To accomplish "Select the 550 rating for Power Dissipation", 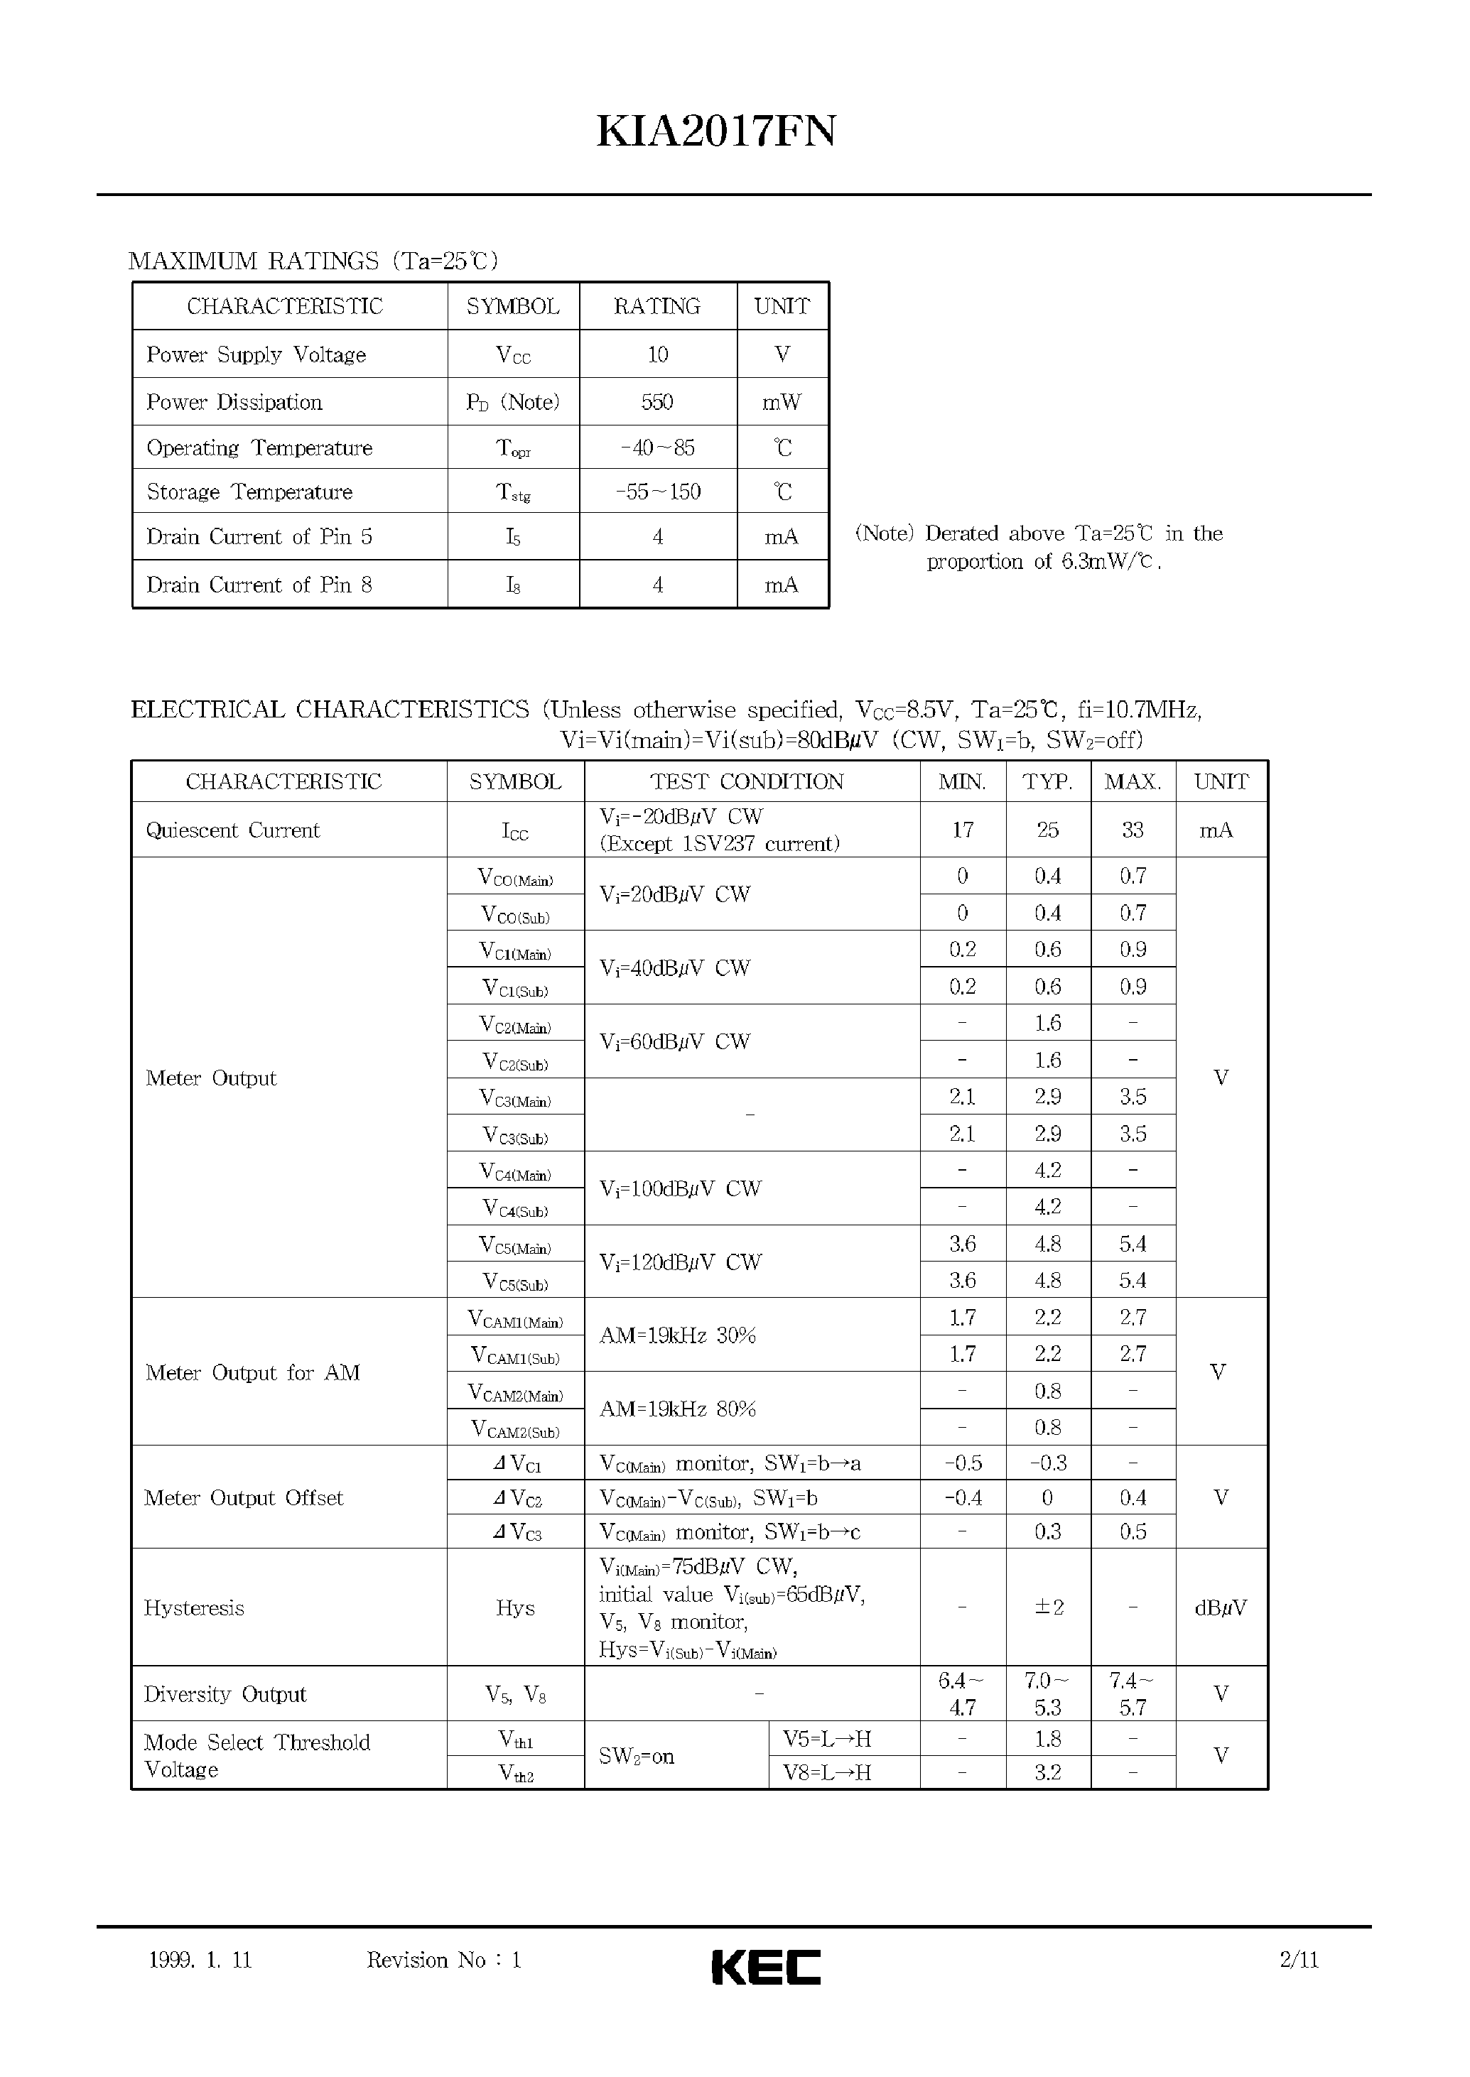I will pos(657,402).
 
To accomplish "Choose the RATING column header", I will pos(657,307).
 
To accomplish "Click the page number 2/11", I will pos(1299,1961).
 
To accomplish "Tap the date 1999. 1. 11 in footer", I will pos(200,1961).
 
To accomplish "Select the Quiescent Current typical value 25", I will pos(1047,830).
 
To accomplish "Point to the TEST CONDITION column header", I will pos(747,782).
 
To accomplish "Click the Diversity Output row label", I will pos(225,1694).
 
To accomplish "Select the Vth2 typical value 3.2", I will pos(1047,1773).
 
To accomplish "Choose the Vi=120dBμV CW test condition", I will pos(680,1262).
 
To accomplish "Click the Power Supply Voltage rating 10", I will pos(657,354).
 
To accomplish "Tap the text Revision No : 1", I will pos(443,1961).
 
